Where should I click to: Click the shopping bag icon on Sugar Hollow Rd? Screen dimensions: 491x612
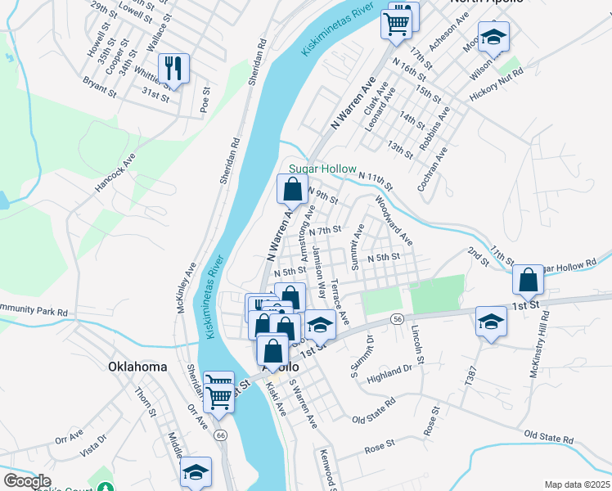point(528,280)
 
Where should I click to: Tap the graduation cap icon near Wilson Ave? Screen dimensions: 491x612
point(493,37)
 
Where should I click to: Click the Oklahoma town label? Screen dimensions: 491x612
point(138,367)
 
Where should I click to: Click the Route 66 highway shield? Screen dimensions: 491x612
point(221,436)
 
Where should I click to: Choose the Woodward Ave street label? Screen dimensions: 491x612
point(394,219)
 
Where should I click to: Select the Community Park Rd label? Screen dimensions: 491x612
point(34,310)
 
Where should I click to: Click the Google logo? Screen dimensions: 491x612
point(27,480)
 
